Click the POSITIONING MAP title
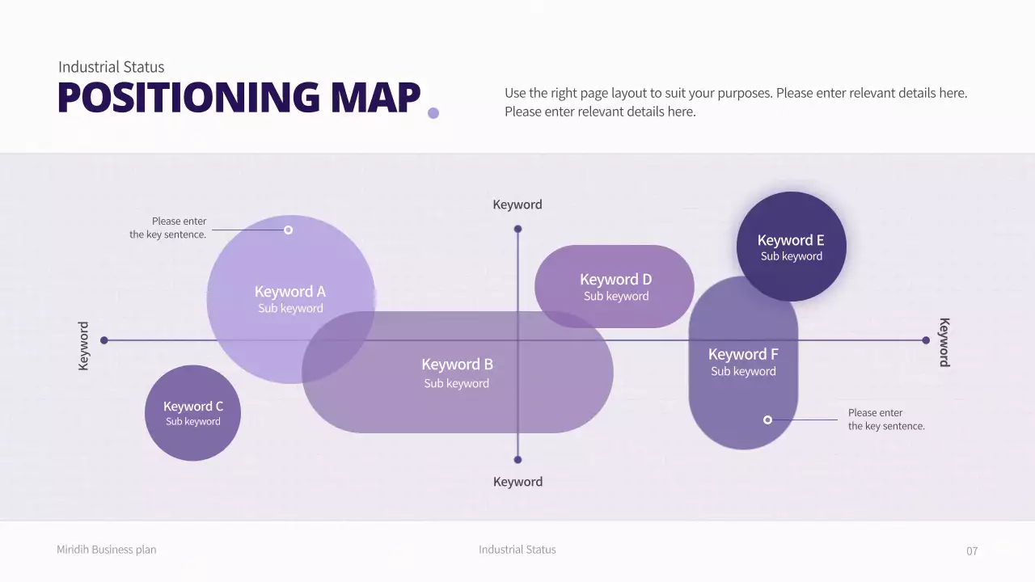pos(239,97)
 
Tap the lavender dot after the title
pos(433,113)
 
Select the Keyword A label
pos(290,292)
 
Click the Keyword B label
pos(457,365)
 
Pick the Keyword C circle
pos(192,413)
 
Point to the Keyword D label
pos(615,280)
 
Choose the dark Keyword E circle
pos(791,247)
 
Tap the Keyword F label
pos(743,355)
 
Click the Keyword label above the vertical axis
pos(517,205)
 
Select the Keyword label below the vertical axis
pos(517,482)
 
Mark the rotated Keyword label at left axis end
pos(83,346)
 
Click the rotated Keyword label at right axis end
pos(944,342)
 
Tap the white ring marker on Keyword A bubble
pos(288,230)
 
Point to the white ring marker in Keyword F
pos(767,420)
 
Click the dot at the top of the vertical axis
pos(518,229)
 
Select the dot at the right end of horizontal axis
pos(926,340)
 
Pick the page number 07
pos(972,551)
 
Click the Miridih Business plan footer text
pos(107,550)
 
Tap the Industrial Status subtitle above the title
pos(112,67)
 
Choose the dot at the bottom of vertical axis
pos(518,459)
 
